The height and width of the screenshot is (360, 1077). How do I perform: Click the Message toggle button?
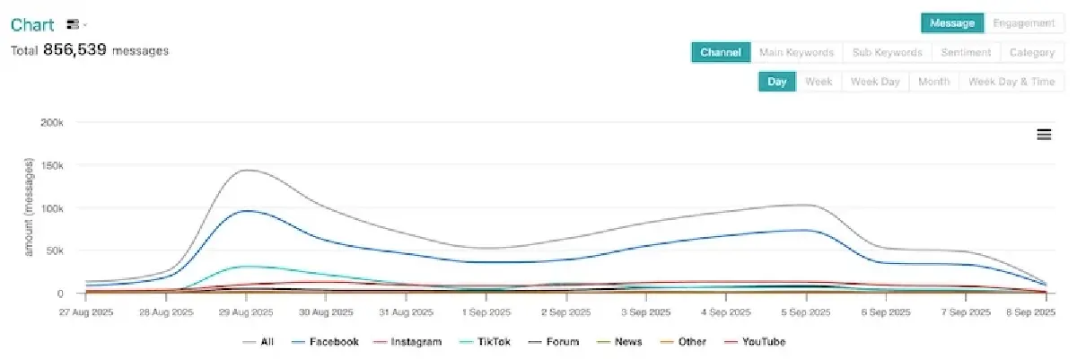pyautogui.click(x=952, y=23)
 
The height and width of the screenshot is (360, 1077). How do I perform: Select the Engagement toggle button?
pyautogui.click(x=1024, y=23)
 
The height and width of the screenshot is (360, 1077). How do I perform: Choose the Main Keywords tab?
pyautogui.click(x=796, y=53)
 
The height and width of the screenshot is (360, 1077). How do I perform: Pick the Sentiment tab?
pyautogui.click(x=966, y=53)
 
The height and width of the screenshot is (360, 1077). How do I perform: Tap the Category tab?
pyautogui.click(x=1031, y=53)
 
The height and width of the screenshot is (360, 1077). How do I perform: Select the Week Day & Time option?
pyautogui.click(x=1011, y=82)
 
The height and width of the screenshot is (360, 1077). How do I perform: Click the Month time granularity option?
pyautogui.click(x=933, y=82)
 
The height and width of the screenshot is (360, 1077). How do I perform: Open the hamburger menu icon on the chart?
pyautogui.click(x=1044, y=135)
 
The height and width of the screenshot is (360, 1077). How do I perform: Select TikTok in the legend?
pyautogui.click(x=481, y=342)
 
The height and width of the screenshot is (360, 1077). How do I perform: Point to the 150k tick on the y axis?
pyautogui.click(x=51, y=165)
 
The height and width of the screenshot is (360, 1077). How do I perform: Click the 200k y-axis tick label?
pyautogui.click(x=51, y=122)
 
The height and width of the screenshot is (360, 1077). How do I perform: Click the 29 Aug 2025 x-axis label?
pyautogui.click(x=246, y=312)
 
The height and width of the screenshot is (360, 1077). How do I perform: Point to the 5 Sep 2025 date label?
pyautogui.click(x=804, y=312)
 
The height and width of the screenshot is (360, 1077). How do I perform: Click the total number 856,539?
pyautogui.click(x=74, y=50)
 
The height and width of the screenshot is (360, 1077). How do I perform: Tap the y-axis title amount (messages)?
pyautogui.click(x=28, y=208)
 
